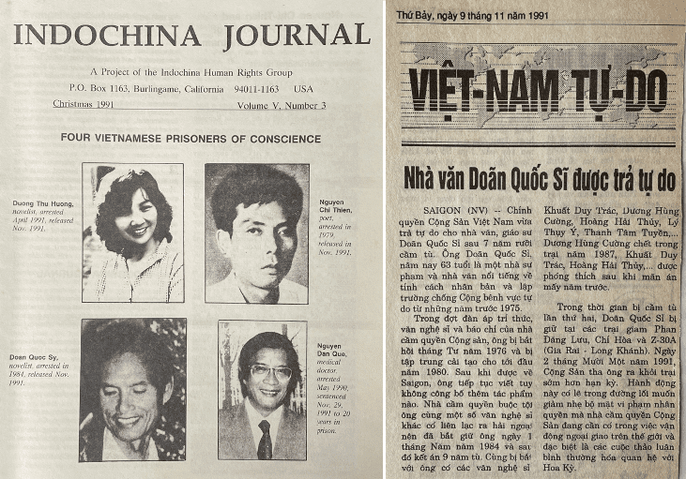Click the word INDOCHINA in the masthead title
tap(107, 36)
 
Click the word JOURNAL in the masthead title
tap(297, 36)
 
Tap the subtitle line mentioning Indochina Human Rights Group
tap(193, 73)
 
